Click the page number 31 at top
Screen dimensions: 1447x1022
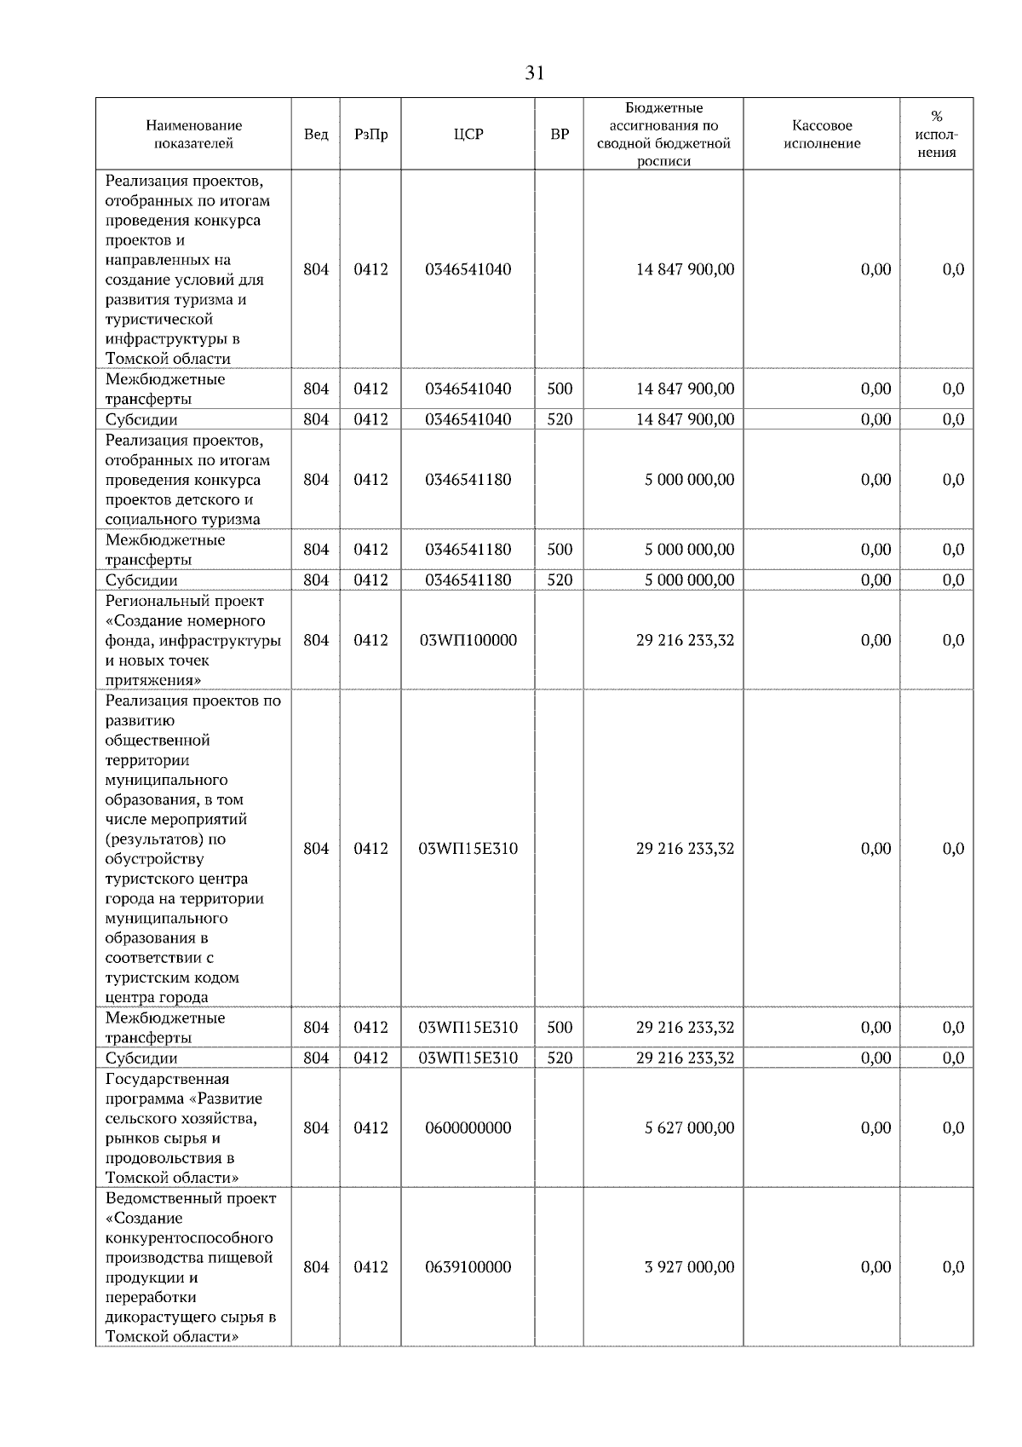pos(534,73)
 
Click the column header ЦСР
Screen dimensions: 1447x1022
pos(468,135)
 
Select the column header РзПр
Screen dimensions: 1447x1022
pos(370,135)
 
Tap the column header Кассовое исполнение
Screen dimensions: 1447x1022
pos(821,135)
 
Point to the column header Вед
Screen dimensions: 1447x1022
pos(316,135)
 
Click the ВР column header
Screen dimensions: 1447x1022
pos(560,135)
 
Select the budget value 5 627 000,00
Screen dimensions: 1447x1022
pos(689,1127)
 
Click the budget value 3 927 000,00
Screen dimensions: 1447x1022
pos(689,1267)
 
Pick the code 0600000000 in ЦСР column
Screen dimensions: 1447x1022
pos(468,1127)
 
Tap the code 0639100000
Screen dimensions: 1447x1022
pos(468,1267)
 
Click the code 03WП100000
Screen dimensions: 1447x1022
pos(468,640)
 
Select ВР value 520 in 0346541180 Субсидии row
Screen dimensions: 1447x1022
pos(560,580)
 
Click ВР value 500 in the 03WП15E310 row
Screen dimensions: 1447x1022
pos(560,1028)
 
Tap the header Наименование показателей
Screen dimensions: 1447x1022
pos(193,135)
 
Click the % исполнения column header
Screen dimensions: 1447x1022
pos(936,135)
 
